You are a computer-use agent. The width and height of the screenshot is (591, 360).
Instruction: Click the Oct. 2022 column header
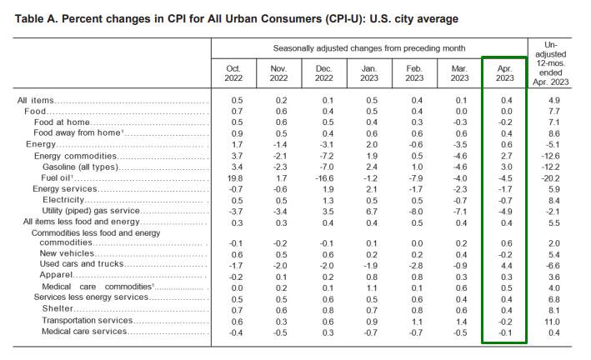pos(233,73)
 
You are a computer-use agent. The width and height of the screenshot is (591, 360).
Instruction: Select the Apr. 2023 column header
pos(504,73)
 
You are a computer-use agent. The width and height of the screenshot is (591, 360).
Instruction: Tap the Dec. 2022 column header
pos(323,73)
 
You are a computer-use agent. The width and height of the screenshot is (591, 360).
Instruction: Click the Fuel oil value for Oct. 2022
pos(235,178)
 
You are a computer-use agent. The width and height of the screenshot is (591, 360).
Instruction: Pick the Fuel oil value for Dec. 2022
pos(324,178)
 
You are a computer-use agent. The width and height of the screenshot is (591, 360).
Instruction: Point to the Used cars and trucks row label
pos(82,264)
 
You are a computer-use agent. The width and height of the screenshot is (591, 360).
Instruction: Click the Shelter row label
pos(58,308)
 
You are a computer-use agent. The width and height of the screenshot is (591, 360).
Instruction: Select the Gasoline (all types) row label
pos(81,167)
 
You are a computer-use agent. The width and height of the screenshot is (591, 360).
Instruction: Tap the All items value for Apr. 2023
pos(507,100)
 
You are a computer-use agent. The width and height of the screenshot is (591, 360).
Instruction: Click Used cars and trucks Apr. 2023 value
pos(507,266)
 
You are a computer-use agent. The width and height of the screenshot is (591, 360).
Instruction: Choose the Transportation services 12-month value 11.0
pos(552,322)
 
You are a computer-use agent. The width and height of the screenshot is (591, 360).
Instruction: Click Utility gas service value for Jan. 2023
pos(371,212)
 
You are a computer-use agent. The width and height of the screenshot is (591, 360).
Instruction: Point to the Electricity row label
pos(63,200)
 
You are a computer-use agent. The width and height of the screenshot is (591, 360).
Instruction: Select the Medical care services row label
pos(84,332)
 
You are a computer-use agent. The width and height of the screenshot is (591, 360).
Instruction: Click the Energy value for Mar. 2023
pos(460,145)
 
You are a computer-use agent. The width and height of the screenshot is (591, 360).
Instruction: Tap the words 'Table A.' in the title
pos(36,19)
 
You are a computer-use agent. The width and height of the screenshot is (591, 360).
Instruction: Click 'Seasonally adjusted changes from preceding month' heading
pos(369,48)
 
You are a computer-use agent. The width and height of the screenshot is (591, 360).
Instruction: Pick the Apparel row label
pos(56,275)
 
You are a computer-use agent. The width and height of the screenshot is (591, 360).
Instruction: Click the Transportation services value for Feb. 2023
pos(417,322)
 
